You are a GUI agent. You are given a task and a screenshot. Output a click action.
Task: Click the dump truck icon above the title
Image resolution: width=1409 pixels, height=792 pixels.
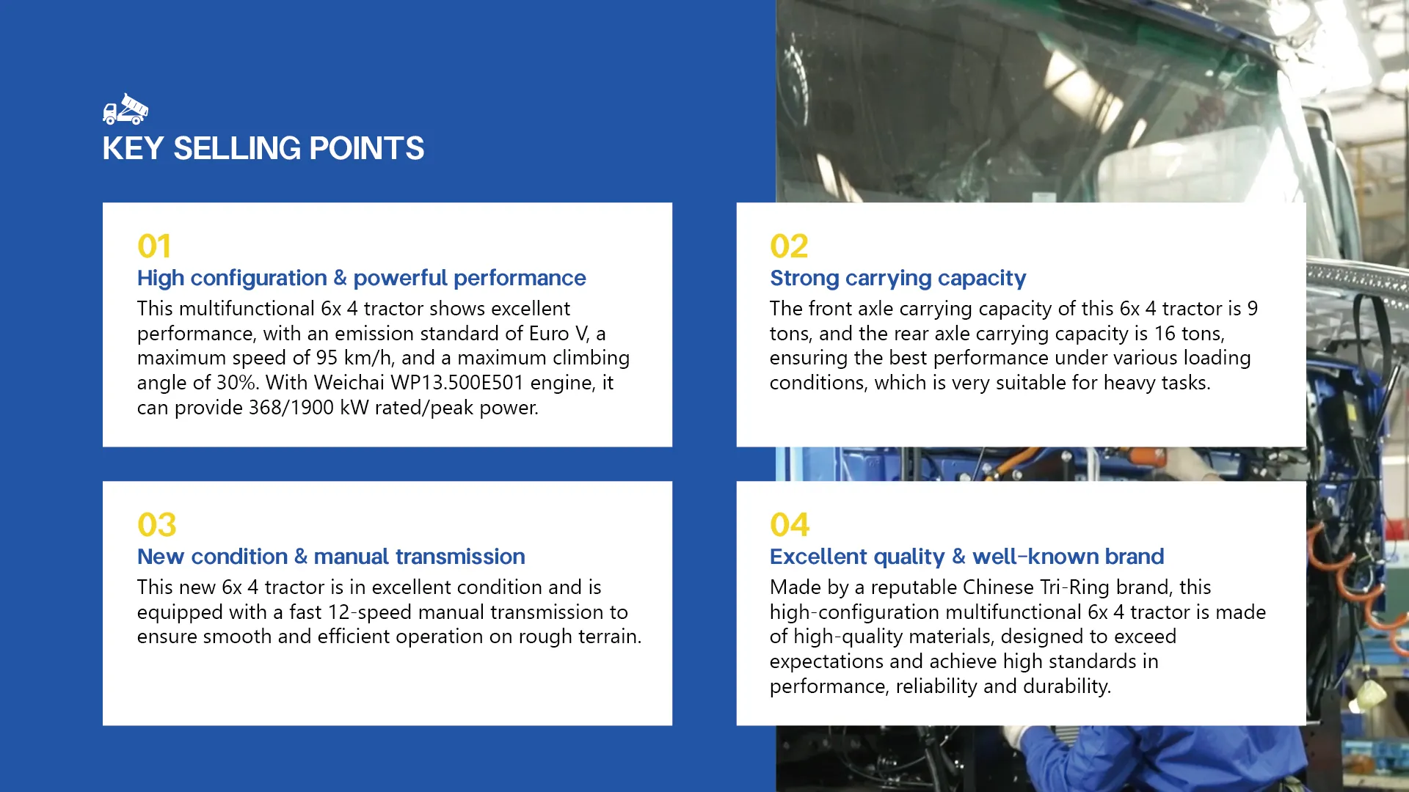[125, 109]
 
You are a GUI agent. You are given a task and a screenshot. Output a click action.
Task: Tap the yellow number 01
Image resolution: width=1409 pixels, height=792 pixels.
[154, 246]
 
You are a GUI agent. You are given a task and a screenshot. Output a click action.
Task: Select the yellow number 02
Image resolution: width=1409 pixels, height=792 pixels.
[789, 246]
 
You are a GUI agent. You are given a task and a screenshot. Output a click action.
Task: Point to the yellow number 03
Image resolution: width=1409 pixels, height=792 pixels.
[157, 525]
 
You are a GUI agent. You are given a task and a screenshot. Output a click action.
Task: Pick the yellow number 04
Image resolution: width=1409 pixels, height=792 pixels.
[790, 525]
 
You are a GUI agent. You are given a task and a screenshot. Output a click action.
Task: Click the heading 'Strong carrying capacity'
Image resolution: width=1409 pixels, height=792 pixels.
[898, 279]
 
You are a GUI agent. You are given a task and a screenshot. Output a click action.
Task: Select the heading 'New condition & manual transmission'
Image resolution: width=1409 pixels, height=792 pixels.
[331, 557]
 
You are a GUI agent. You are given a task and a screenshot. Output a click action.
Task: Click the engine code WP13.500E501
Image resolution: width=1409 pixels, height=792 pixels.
[457, 383]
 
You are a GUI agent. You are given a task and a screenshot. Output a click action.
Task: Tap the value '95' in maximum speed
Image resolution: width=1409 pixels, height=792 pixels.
[327, 358]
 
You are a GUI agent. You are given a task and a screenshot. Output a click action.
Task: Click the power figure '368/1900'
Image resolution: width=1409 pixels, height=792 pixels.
[291, 408]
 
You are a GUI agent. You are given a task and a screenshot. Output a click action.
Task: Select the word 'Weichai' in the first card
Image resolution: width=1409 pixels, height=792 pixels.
[349, 383]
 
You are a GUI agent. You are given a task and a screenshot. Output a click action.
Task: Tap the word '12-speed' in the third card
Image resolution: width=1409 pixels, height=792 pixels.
[406, 612]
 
